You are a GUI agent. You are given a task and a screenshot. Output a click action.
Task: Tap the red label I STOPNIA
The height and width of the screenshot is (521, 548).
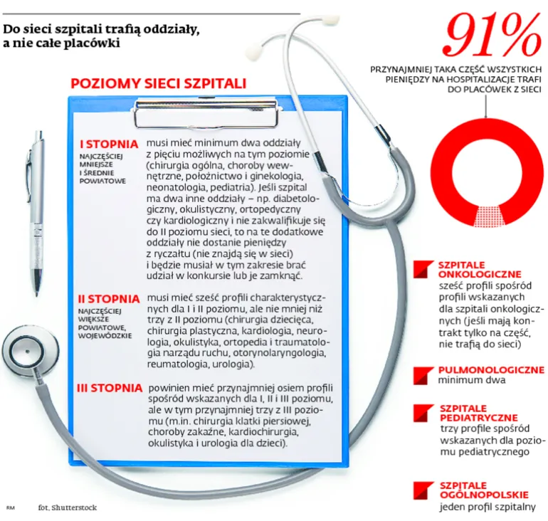point(109,143)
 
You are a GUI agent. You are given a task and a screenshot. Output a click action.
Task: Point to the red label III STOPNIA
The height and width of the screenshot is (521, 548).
point(109,388)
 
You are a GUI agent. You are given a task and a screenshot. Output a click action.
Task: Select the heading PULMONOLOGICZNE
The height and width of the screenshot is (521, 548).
point(491,370)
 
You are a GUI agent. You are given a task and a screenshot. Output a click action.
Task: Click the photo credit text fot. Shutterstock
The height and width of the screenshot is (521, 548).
point(68,508)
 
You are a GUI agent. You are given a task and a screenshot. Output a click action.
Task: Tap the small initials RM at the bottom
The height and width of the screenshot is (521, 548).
point(10,508)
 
